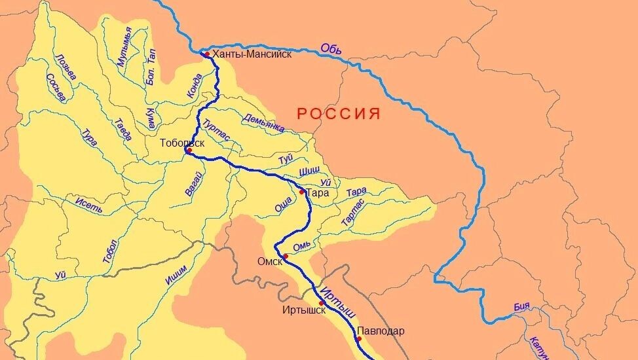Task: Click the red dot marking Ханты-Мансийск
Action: [206, 54]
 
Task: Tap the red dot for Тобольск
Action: [189, 151]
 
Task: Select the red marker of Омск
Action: [286, 256]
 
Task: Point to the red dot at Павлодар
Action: [359, 338]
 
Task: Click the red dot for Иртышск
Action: [321, 304]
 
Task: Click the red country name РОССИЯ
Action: [339, 114]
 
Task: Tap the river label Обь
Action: [331, 48]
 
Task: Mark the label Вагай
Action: [193, 184]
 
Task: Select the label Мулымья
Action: [124, 46]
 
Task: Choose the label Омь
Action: [300, 246]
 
